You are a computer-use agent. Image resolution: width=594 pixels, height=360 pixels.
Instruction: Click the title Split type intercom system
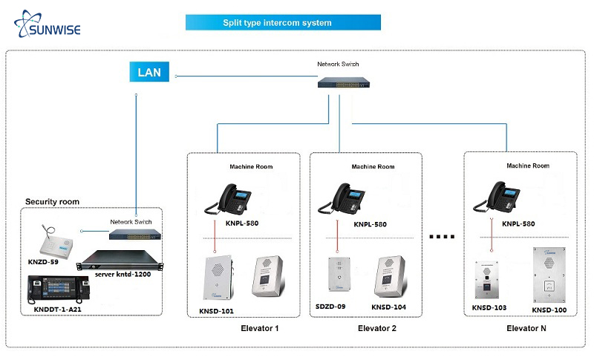(x=282, y=22)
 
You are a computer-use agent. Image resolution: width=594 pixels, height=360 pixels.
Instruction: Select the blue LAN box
(x=148, y=73)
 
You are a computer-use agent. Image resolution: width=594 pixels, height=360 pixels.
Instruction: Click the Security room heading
(x=52, y=201)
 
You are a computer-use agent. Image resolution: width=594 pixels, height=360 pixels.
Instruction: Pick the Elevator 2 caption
(x=377, y=327)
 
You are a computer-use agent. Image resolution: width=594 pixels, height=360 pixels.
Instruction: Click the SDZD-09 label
(x=331, y=307)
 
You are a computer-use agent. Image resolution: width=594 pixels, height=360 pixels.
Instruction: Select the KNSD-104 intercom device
(x=389, y=275)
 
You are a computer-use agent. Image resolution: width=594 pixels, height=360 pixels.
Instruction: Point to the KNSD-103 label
(x=489, y=307)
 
